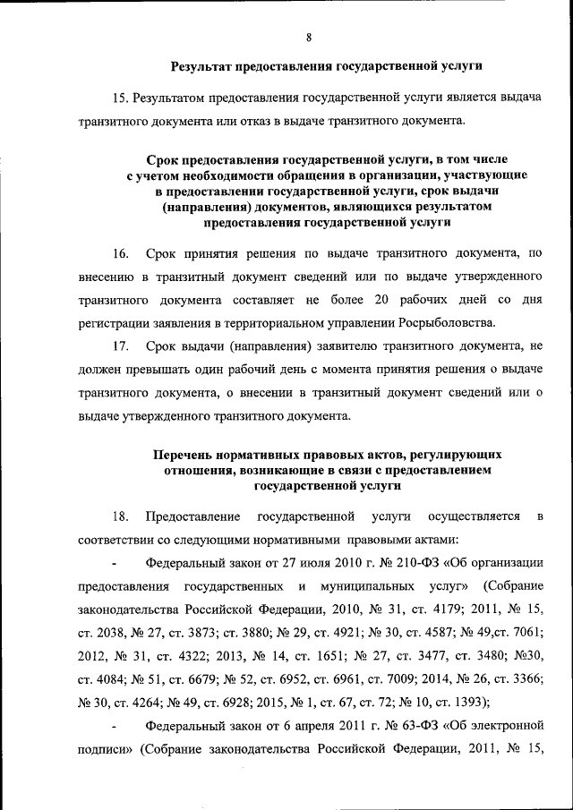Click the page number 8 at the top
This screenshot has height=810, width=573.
308,37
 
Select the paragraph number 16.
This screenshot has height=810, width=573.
120,253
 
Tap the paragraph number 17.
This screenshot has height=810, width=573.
120,346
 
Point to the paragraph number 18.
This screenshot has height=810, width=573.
120,516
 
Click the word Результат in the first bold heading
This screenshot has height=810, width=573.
203,65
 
